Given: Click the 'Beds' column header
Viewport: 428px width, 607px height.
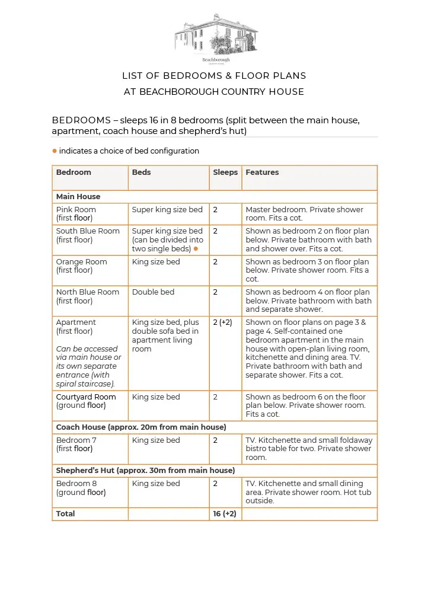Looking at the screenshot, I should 142,172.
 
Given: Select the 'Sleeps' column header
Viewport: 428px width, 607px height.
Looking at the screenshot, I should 225,172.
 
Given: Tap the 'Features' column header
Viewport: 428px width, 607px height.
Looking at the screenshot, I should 262,172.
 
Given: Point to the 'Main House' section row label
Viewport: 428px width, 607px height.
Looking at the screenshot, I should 78,197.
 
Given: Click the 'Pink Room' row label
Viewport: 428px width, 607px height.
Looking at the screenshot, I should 76,210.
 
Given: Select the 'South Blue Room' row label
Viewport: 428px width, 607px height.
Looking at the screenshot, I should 88,231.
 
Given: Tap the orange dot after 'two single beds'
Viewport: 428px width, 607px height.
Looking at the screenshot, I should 196,249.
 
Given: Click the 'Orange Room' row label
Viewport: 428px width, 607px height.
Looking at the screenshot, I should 82,262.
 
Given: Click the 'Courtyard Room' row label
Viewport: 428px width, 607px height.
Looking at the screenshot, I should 86,397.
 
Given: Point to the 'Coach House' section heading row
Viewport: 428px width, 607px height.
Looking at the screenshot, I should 141,427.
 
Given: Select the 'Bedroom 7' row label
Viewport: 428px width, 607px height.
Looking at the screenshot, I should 76,440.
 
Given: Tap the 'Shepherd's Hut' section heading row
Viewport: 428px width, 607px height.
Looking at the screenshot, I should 145,471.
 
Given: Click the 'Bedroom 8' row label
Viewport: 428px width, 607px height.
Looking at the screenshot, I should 76,484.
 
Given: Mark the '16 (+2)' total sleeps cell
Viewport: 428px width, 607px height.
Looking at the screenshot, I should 225,514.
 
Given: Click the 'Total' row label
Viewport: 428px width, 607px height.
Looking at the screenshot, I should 65,514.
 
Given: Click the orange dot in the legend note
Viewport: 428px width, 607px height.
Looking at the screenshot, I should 55,151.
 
